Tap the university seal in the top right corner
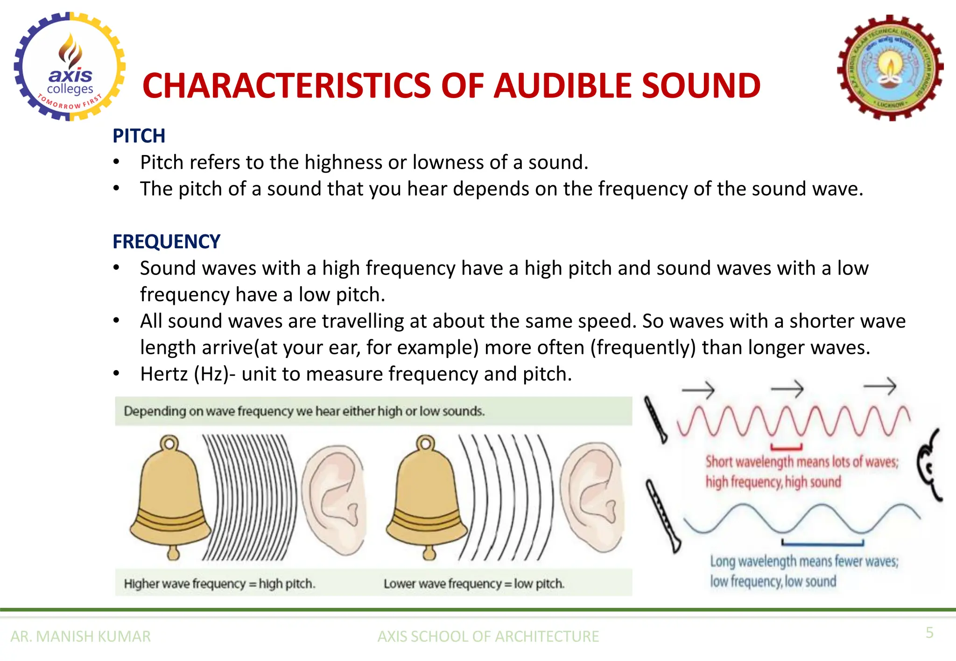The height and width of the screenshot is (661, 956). (x=890, y=68)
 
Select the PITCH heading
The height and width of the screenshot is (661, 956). (x=139, y=136)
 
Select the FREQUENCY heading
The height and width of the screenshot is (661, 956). (x=166, y=242)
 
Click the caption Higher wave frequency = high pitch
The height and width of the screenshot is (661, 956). (x=219, y=584)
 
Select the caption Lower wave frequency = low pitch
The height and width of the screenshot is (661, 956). (x=474, y=584)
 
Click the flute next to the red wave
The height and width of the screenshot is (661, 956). (x=655, y=419)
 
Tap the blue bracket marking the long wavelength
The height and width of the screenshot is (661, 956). (x=822, y=543)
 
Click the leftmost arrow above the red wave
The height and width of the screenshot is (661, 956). (x=698, y=389)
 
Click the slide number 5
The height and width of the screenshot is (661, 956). (x=929, y=633)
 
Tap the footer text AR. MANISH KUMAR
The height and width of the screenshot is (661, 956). (x=81, y=636)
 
